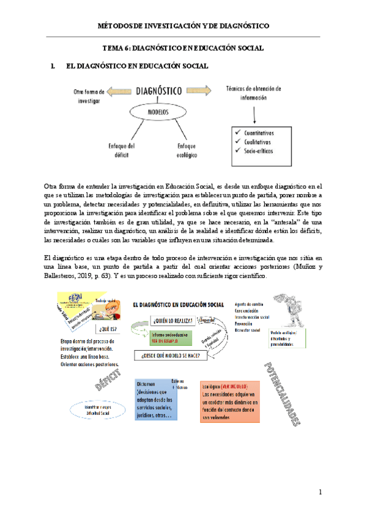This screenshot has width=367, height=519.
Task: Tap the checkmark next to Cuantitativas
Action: pos(237,132)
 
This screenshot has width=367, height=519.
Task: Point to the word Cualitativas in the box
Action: pos(259,140)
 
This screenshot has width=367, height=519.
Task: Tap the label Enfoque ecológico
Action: pos(187,150)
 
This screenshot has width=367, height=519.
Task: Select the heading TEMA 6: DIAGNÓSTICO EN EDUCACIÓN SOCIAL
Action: pos(183,48)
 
